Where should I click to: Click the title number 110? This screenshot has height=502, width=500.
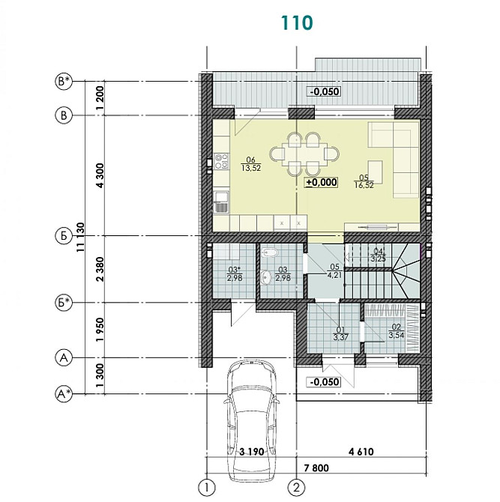pyautogui.click(x=297, y=22)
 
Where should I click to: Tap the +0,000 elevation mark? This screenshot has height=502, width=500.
pyautogui.click(x=322, y=181)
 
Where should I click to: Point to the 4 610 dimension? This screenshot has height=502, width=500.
pyautogui.click(x=361, y=452)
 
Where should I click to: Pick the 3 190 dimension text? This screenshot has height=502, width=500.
pyautogui.click(x=253, y=452)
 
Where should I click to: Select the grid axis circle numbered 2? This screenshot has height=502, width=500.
pyautogui.click(x=298, y=487)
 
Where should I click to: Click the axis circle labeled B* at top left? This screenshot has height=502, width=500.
pyautogui.click(x=64, y=80)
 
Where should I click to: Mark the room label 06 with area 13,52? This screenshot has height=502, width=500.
pyautogui.click(x=250, y=163)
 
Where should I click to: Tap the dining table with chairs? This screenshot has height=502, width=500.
pyautogui.click(x=304, y=154)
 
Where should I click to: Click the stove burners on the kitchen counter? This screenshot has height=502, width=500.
pyautogui.click(x=221, y=160)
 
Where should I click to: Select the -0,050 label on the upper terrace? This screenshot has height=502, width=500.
pyautogui.click(x=324, y=91)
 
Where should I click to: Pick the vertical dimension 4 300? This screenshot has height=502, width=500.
pyautogui.click(x=99, y=175)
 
